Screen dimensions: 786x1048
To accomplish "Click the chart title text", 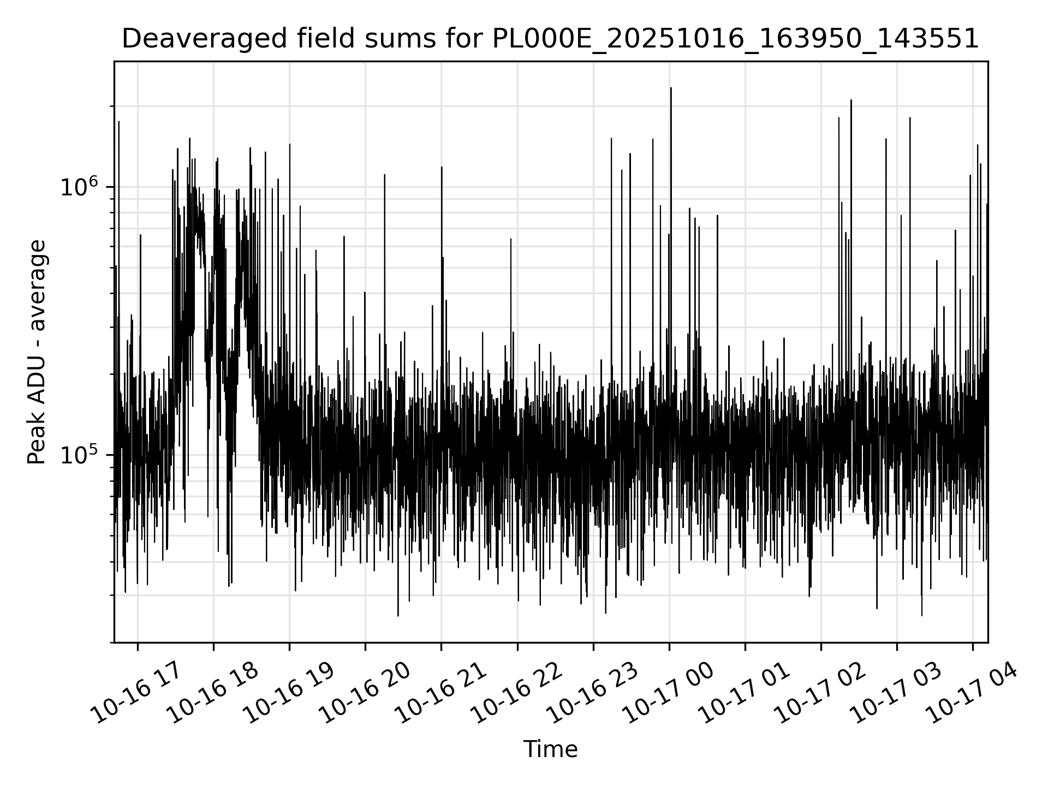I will click(x=550, y=39).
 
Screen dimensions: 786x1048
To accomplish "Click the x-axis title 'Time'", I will click(x=550, y=750).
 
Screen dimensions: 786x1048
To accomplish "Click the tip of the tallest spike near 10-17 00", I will click(x=671, y=88).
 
